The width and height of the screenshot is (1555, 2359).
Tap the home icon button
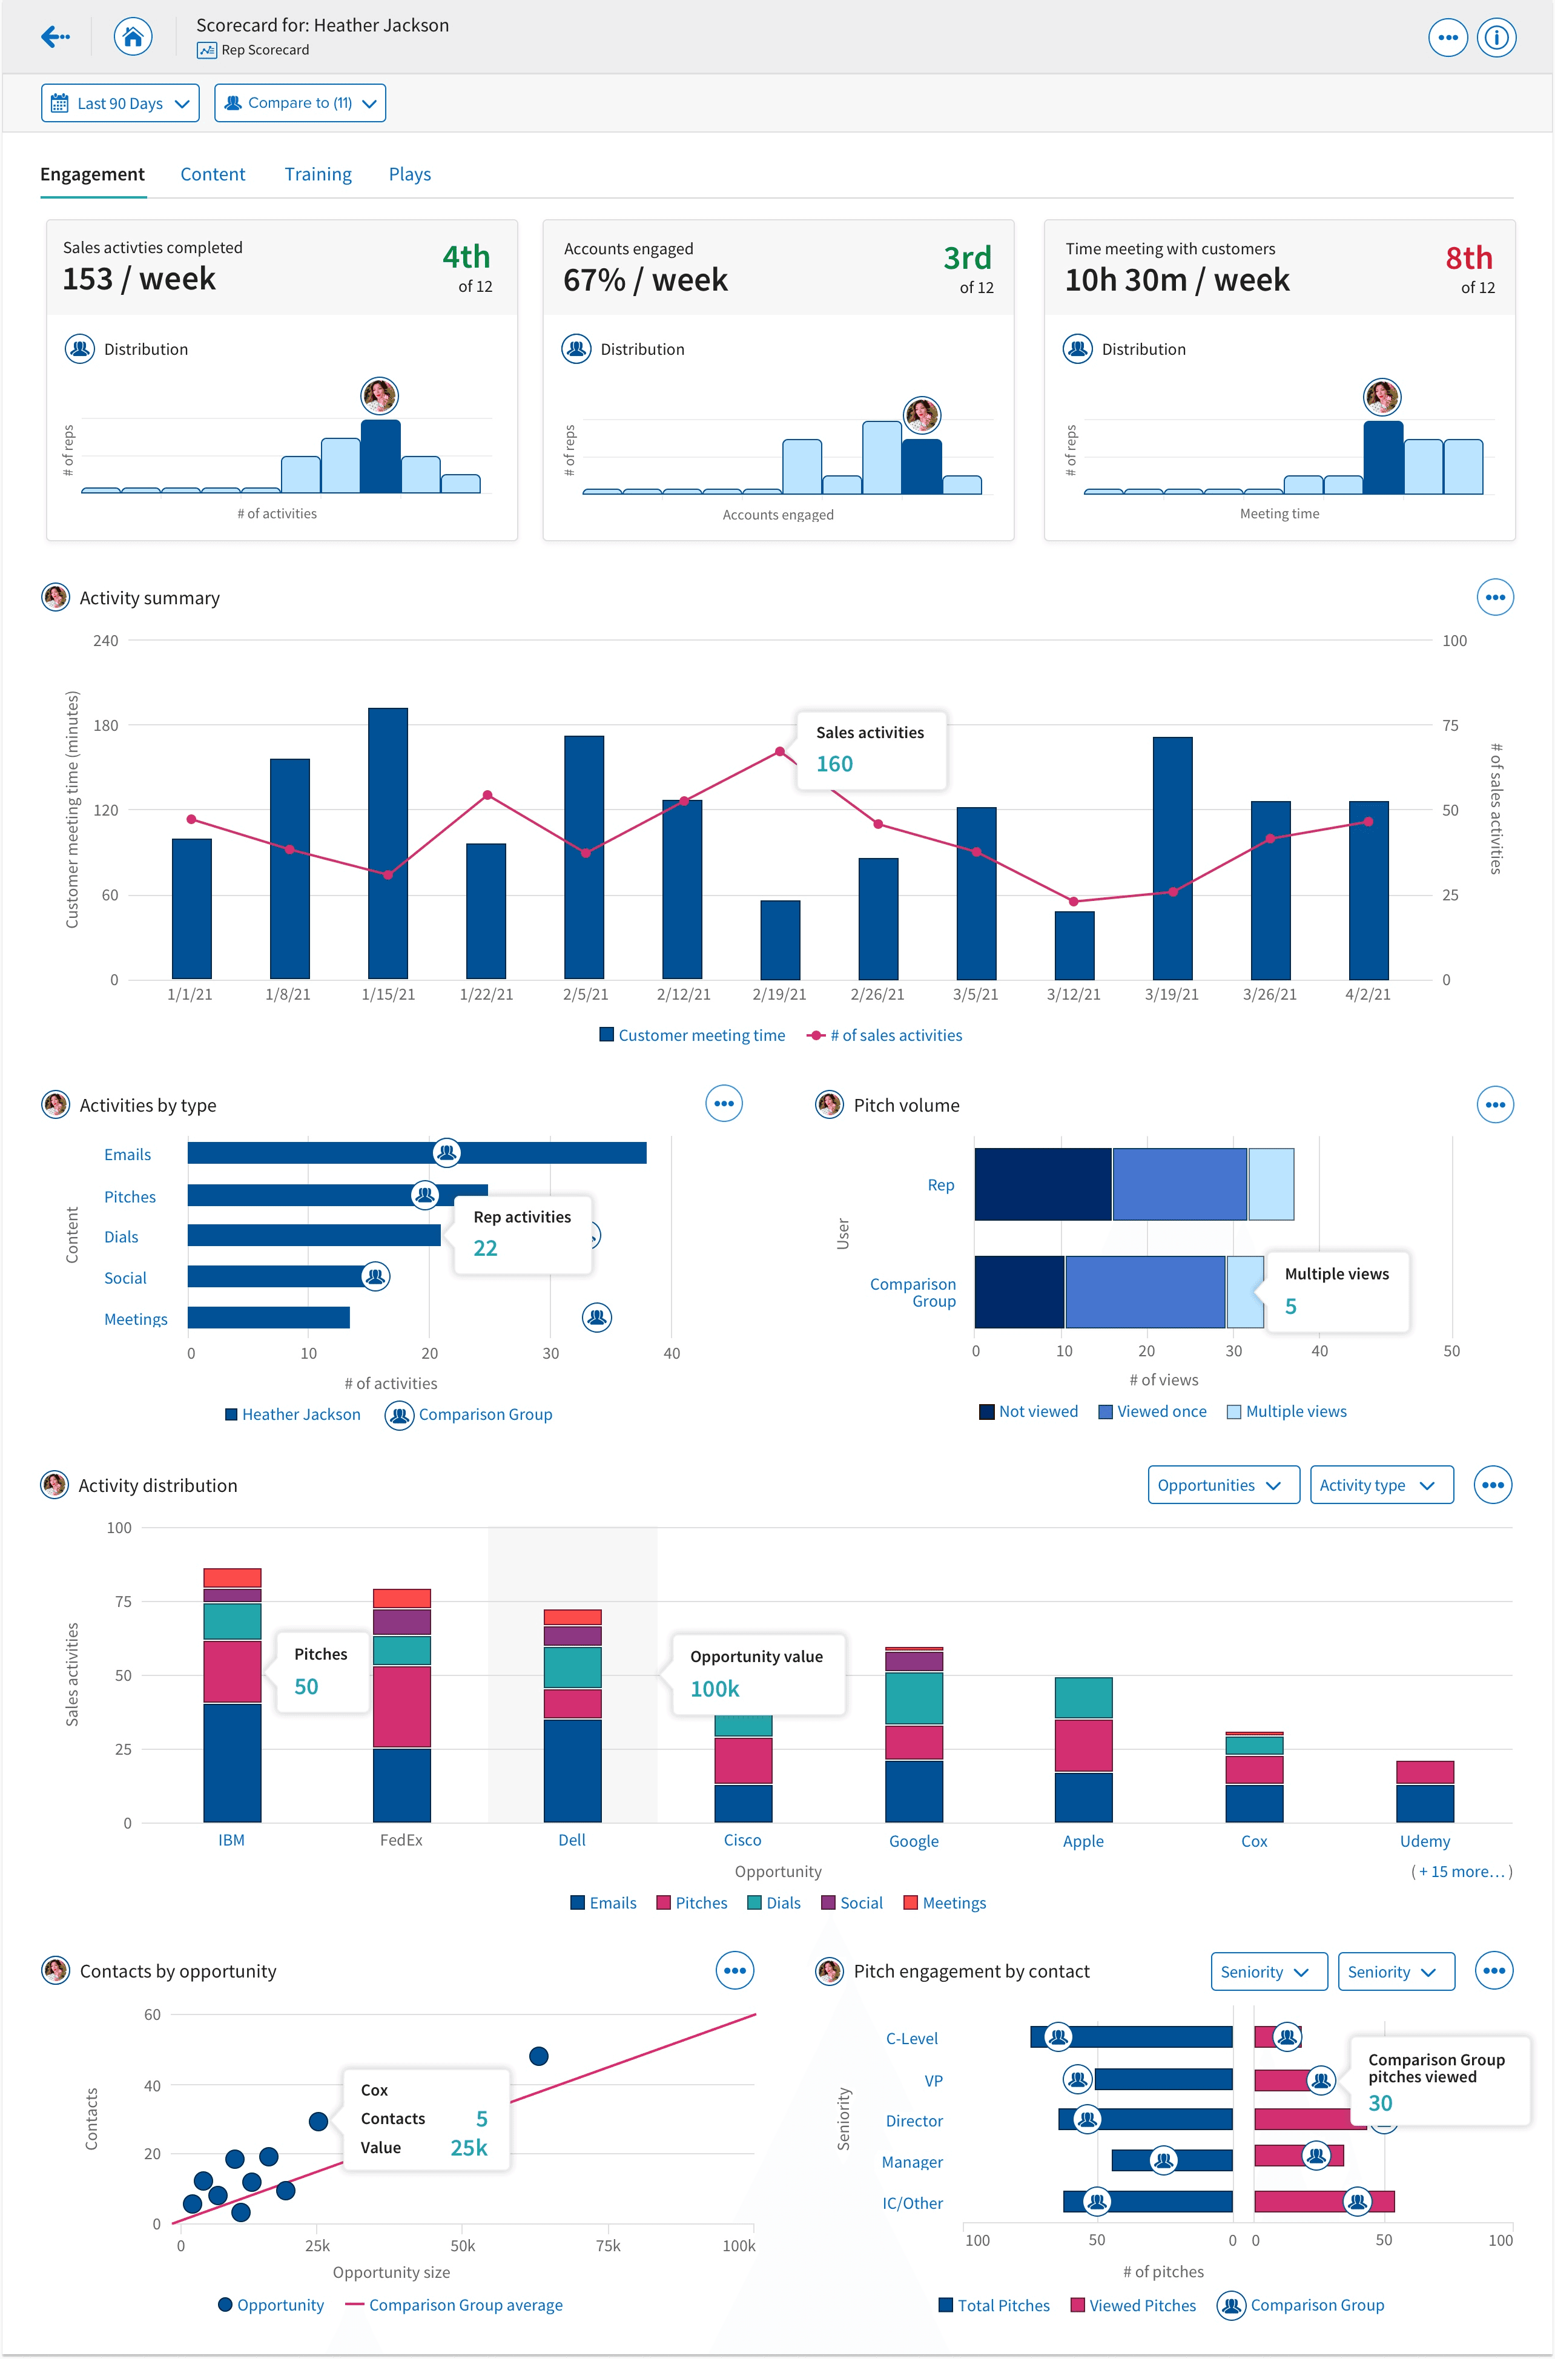[x=133, y=38]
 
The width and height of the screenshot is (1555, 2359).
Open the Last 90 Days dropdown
[x=120, y=103]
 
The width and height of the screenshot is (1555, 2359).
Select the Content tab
[x=212, y=174]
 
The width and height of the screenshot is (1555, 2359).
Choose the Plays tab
[x=409, y=174]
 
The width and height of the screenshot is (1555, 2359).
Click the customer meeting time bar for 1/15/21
[x=388, y=843]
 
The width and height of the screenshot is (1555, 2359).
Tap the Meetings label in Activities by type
[x=136, y=1319]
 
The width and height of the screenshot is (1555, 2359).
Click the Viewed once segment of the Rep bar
[x=1179, y=1184]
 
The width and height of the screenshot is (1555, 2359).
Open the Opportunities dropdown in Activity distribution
[x=1223, y=1485]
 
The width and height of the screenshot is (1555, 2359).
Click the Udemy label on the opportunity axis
[x=1424, y=1841]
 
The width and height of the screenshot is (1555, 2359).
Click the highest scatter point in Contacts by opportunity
[x=538, y=2056]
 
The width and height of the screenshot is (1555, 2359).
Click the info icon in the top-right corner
[x=1496, y=38]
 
